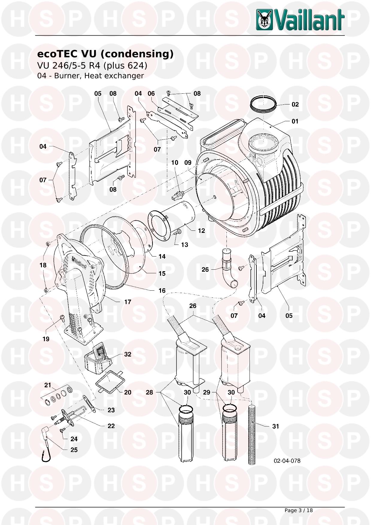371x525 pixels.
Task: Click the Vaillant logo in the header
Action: click(x=300, y=19)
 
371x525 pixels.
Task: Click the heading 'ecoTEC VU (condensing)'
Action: click(x=105, y=54)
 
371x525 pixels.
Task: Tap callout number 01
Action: click(x=295, y=121)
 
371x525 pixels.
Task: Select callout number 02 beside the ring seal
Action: click(x=295, y=104)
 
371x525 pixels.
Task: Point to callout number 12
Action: click(x=201, y=230)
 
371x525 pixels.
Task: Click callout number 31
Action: click(x=276, y=426)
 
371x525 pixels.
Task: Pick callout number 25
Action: click(x=74, y=450)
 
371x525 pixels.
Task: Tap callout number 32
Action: click(x=128, y=354)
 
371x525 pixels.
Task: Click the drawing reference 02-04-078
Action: click(x=287, y=461)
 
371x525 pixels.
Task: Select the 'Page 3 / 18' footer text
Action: click(x=298, y=510)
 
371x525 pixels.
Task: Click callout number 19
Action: click(x=46, y=339)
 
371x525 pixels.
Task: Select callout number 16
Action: click(x=162, y=290)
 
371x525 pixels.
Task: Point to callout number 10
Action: click(x=175, y=163)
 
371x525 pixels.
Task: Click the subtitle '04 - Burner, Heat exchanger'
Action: click(x=90, y=76)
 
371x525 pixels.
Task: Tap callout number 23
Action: click(x=111, y=410)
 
